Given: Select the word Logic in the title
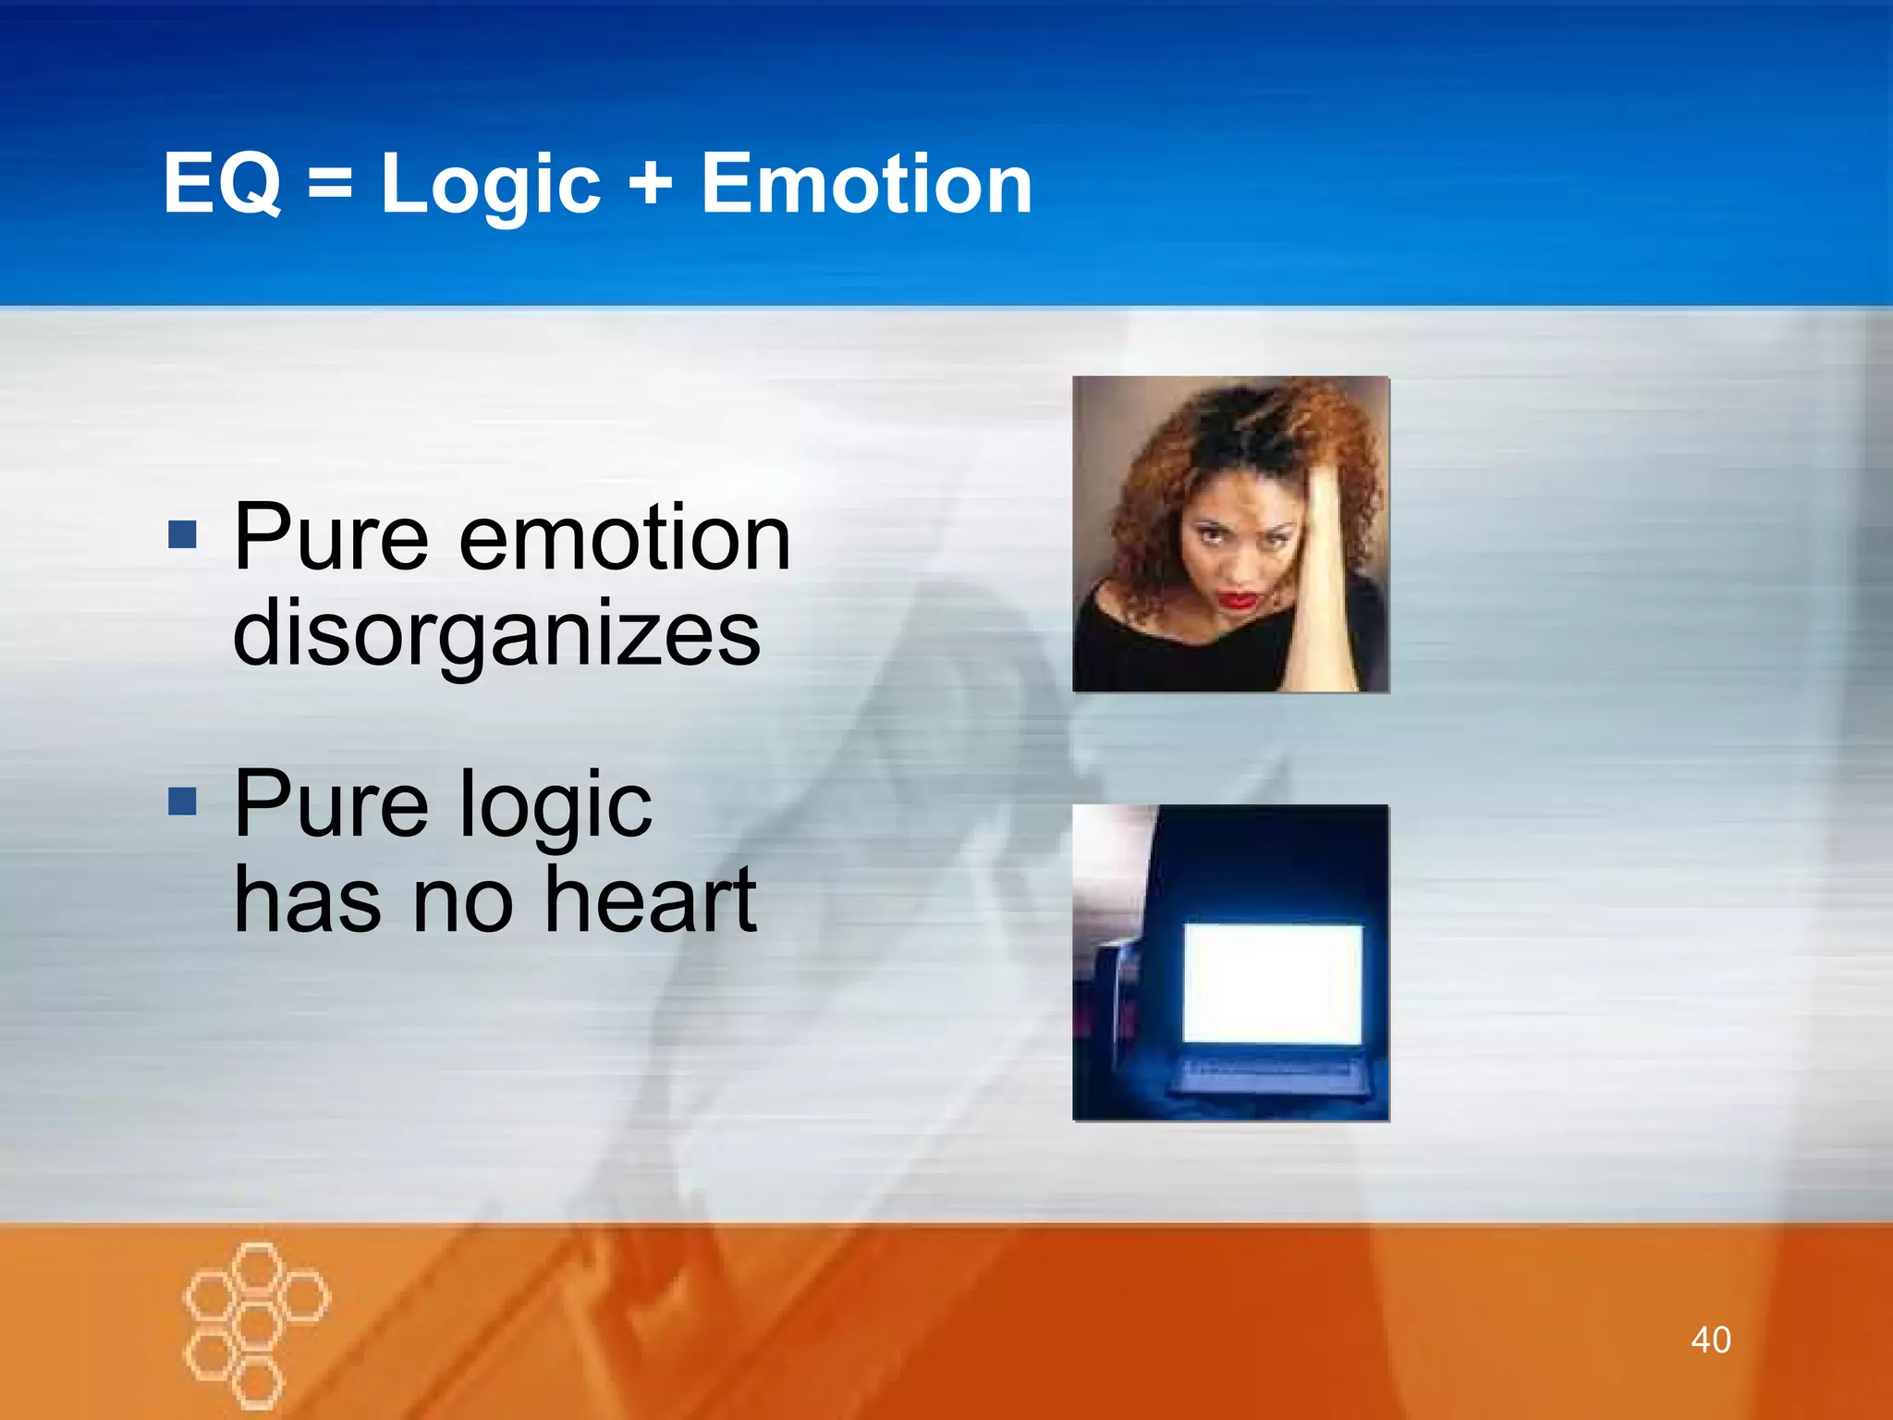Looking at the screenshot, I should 491,185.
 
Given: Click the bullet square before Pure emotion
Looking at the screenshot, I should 183,533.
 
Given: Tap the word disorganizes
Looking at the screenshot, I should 496,634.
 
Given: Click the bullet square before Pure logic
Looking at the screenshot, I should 183,802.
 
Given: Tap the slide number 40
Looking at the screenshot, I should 1710,1340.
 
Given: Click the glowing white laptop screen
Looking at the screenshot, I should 1273,982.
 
